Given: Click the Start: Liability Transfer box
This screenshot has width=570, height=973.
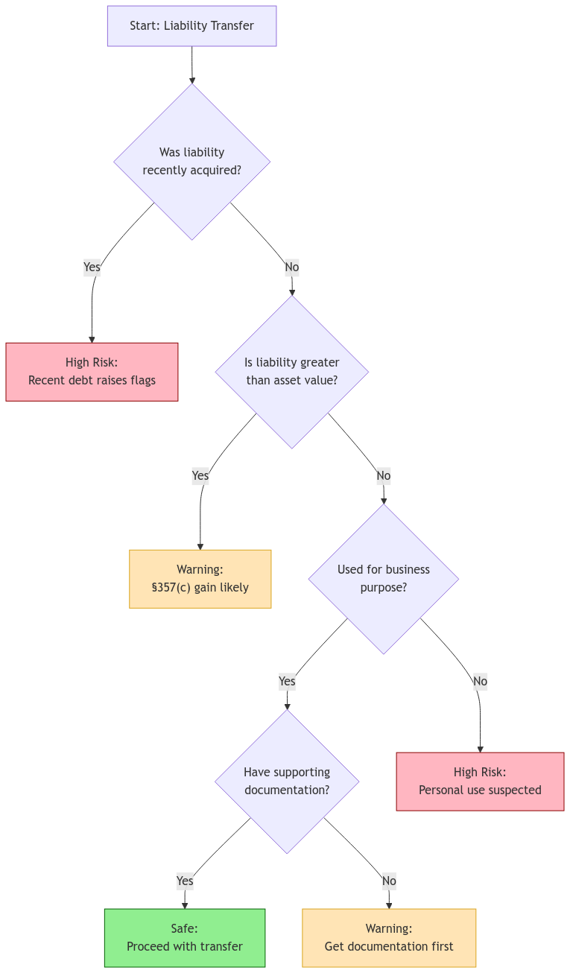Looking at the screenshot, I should pyautogui.click(x=191, y=26).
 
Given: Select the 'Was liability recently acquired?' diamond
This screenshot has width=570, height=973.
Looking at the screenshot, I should pyautogui.click(x=191, y=162).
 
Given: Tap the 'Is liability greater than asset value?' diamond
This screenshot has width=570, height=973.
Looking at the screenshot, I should pyautogui.click(x=292, y=372).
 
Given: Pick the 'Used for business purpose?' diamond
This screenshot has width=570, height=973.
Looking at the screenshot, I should pyautogui.click(x=384, y=579).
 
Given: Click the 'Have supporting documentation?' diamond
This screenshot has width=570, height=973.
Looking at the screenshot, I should pyautogui.click(x=287, y=782).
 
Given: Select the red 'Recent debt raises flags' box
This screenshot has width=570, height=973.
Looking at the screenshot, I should pyautogui.click(x=92, y=372).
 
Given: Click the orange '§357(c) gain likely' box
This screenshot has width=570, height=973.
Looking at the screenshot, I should pyautogui.click(x=200, y=579).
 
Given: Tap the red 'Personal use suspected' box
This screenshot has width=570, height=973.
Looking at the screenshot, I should pyautogui.click(x=480, y=782).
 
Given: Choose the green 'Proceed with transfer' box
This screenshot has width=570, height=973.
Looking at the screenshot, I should pyautogui.click(x=185, y=938).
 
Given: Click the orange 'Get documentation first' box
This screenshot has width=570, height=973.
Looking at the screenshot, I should pyautogui.click(x=389, y=938).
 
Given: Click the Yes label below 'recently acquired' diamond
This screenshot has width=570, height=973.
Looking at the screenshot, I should pyautogui.click(x=92, y=267).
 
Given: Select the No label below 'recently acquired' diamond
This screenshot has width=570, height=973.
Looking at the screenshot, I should pyautogui.click(x=292, y=267).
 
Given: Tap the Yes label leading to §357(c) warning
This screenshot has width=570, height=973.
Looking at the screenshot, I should pyautogui.click(x=200, y=475).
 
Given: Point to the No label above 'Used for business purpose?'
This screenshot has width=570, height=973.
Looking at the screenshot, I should pyautogui.click(x=384, y=475).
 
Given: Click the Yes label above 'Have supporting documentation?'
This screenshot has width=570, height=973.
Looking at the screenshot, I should pyautogui.click(x=287, y=681).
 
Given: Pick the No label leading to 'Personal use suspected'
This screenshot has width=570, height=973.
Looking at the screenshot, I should pyautogui.click(x=480, y=681).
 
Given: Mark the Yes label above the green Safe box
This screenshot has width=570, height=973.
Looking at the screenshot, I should pyautogui.click(x=185, y=881).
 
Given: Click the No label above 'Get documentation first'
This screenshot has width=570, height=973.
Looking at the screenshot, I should pyautogui.click(x=389, y=881).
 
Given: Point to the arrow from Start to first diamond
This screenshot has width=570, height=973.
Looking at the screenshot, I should pyautogui.click(x=191, y=66).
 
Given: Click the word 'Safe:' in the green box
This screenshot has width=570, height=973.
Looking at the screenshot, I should pyautogui.click(x=185, y=928).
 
